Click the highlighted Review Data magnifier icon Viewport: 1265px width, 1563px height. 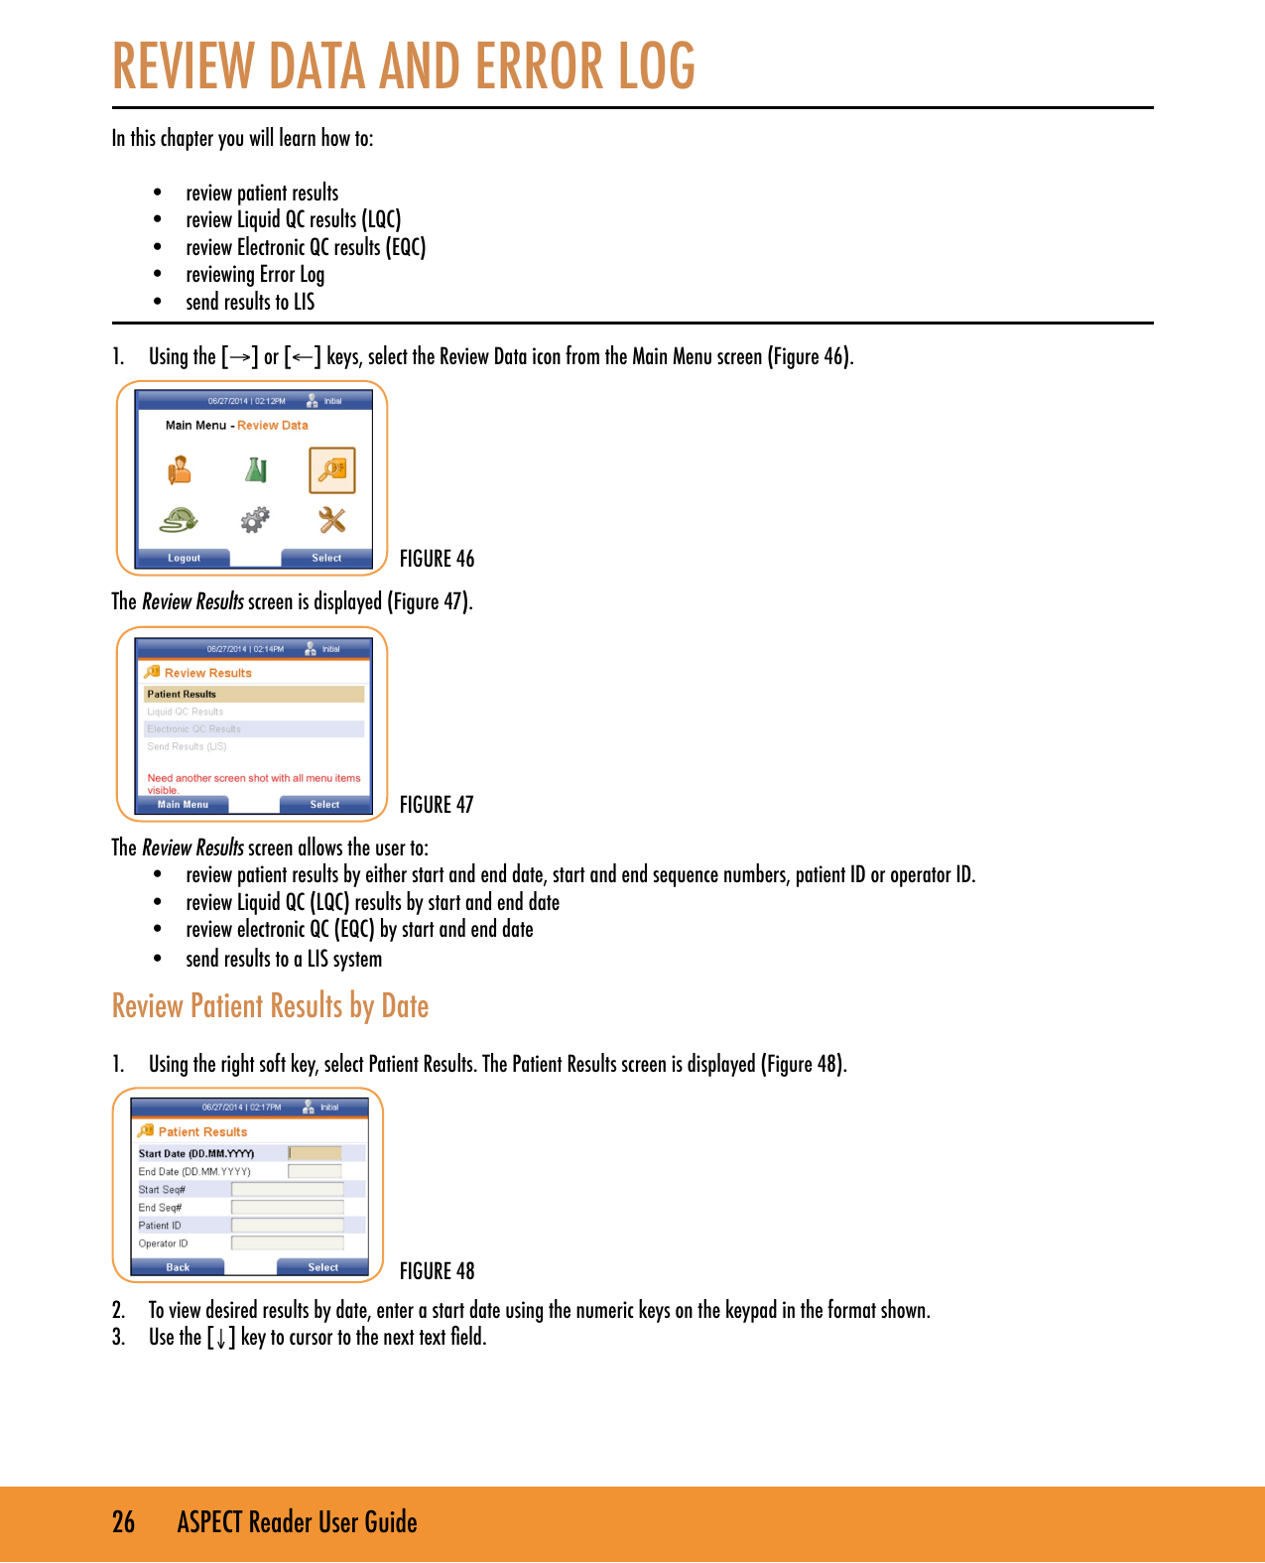tap(331, 470)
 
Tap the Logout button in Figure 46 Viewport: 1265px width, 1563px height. tap(184, 558)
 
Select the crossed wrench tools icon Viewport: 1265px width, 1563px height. tap(331, 519)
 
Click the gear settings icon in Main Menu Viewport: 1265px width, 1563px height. tap(255, 519)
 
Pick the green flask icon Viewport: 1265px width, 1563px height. tap(256, 469)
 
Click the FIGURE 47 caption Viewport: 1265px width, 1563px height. tap(437, 805)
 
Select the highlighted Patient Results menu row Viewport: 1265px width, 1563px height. tap(254, 694)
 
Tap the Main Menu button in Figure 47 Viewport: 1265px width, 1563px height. tap(183, 805)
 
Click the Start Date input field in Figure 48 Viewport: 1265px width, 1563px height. tap(316, 1153)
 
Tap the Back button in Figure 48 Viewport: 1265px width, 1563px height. tap(178, 1267)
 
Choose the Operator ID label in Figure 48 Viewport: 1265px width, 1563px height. tap(163, 1243)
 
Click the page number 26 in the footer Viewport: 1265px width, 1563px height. tap(123, 1522)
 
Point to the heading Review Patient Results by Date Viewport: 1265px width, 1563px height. tap(270, 1006)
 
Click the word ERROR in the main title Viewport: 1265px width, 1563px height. tap(539, 66)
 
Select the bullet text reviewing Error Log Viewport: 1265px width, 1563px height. tap(255, 275)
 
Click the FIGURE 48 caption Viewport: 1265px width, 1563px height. tap(437, 1271)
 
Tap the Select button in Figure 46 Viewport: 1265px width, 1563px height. tap(326, 558)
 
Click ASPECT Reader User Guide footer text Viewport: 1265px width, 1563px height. tap(297, 1522)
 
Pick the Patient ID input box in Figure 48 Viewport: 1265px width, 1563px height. tap(288, 1226)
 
